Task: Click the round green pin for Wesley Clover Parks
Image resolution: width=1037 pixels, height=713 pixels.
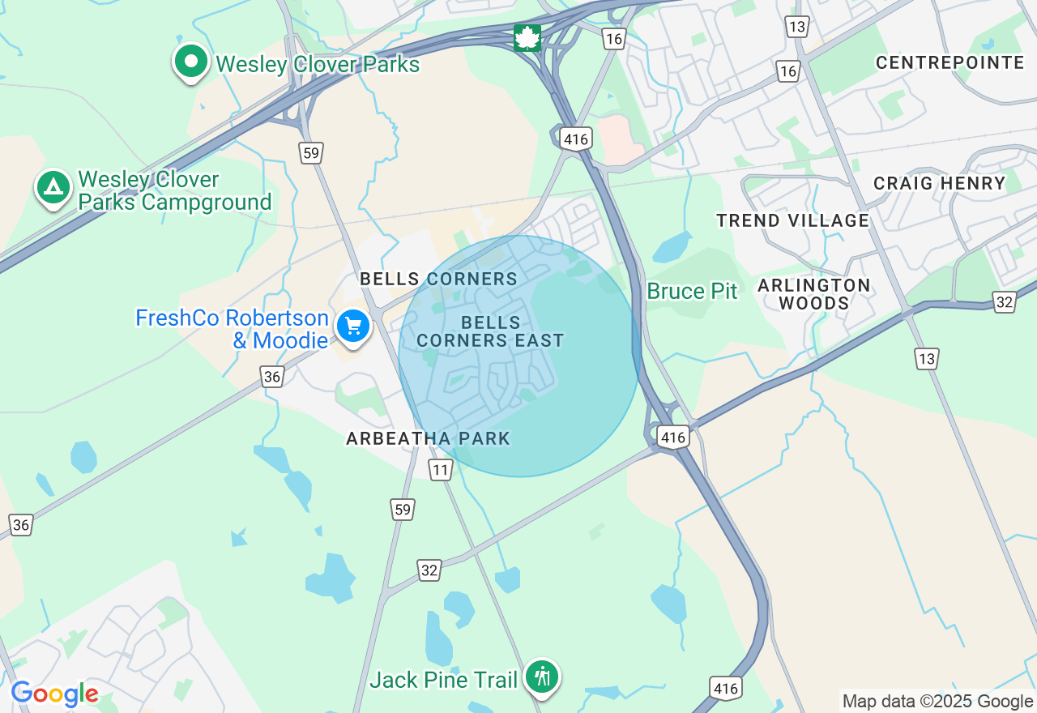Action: click(x=191, y=62)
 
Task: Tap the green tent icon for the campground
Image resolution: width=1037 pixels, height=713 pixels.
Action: click(x=53, y=188)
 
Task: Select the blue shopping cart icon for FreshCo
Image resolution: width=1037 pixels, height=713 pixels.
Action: click(x=353, y=327)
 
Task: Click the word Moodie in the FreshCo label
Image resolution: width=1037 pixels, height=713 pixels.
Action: click(x=290, y=340)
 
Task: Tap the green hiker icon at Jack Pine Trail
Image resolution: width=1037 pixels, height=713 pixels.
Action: click(x=541, y=676)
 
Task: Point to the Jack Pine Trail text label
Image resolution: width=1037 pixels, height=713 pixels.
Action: click(x=443, y=680)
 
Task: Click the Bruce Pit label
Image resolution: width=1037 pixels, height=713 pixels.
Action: click(x=692, y=292)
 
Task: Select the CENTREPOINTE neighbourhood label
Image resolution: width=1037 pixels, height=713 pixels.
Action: click(x=950, y=63)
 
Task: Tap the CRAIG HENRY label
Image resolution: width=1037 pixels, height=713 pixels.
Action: click(x=939, y=184)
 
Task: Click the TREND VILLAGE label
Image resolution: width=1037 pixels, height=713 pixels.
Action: click(x=792, y=220)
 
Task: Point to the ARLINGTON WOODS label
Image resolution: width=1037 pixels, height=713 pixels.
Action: click(x=813, y=295)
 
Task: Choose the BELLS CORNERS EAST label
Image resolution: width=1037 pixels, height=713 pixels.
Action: click(x=490, y=331)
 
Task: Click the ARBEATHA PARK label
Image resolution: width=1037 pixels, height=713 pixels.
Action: click(x=428, y=439)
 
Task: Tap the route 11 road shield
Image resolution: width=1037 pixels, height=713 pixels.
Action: click(x=440, y=470)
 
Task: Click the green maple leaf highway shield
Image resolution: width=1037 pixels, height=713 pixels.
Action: click(x=527, y=37)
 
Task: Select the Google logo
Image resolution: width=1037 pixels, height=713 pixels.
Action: click(x=54, y=694)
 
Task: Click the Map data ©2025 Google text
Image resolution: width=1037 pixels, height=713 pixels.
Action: click(x=937, y=702)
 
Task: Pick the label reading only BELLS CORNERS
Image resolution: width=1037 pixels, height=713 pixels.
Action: click(x=438, y=280)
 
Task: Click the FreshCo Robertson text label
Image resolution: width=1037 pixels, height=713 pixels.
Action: click(x=232, y=318)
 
